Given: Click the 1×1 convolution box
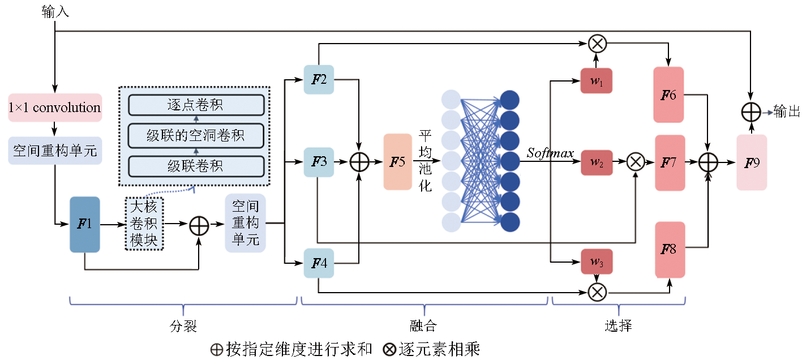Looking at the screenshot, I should click(55, 108).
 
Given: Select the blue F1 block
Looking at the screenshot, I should click(85, 224).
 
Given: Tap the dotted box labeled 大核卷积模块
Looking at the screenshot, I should click(144, 224).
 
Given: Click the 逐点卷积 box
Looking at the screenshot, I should click(196, 105).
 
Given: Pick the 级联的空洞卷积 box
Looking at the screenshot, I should click(196, 136).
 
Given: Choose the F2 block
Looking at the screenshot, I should click(319, 80).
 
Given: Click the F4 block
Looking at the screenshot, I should click(319, 263).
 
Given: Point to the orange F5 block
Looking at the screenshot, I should click(398, 162).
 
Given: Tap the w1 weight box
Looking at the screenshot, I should click(597, 81).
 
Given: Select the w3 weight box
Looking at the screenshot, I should click(597, 262).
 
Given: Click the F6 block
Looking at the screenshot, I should click(668, 95).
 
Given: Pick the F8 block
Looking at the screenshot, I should click(670, 250).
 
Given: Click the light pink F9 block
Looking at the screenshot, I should click(752, 162).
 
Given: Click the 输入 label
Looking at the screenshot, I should click(55, 12).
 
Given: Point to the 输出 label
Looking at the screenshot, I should click(787, 112).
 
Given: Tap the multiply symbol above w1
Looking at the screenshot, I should click(597, 43).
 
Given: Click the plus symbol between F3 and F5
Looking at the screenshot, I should click(359, 162).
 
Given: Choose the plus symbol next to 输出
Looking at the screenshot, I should click(750, 112).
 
